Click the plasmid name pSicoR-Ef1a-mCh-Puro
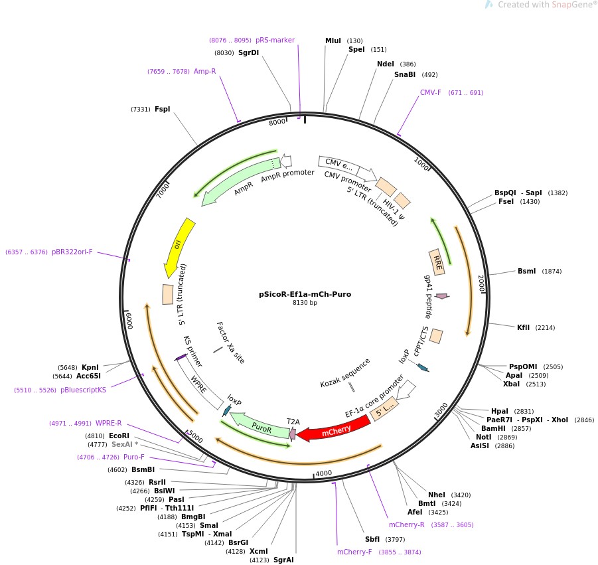tap(305, 294)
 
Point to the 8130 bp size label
tap(305, 303)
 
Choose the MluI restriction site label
tap(333, 40)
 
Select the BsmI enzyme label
tap(526, 271)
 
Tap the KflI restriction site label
tap(524, 327)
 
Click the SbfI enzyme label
tap(372, 539)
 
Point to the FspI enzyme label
tap(163, 109)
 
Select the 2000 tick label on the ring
tap(482, 284)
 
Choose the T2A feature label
tap(293, 421)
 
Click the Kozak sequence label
tap(345, 374)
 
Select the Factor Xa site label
tap(230, 343)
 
